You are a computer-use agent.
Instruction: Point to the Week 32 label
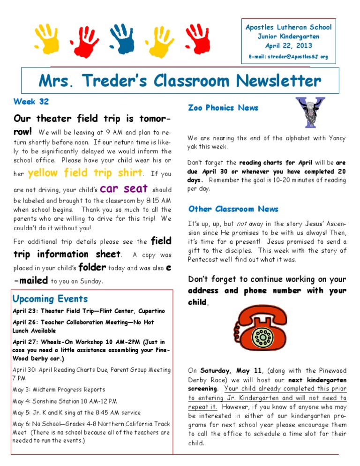click(x=31, y=101)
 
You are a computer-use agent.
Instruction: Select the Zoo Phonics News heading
click(x=223, y=108)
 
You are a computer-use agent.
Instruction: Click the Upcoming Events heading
click(x=50, y=299)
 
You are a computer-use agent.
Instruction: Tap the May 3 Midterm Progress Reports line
click(x=59, y=389)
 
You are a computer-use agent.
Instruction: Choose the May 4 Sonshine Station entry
click(x=64, y=401)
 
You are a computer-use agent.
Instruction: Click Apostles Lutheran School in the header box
click(x=288, y=27)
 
